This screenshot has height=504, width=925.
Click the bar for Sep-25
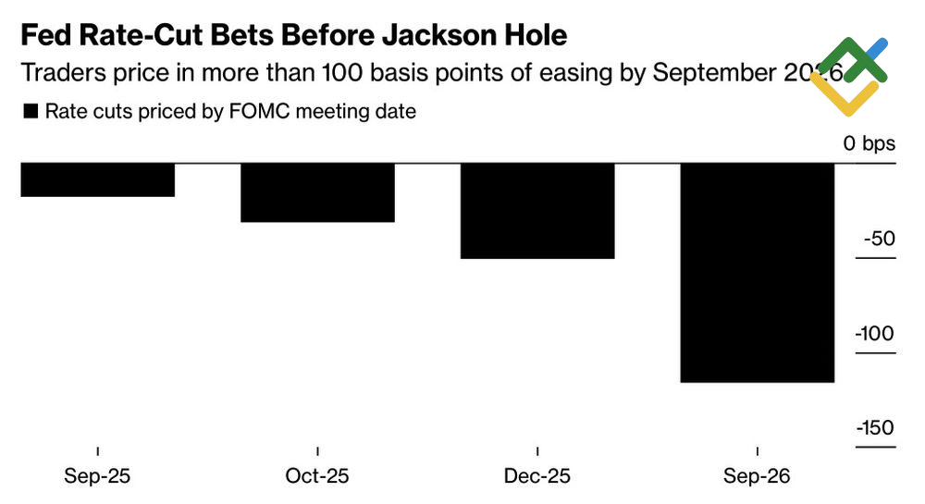click(x=97, y=179)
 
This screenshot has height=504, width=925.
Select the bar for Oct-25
click(x=317, y=192)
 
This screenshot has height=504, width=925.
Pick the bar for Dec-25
click(x=537, y=211)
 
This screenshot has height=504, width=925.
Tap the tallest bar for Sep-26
click(x=758, y=273)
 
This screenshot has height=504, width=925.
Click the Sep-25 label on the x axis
click(x=97, y=477)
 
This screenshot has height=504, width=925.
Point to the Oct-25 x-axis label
click(x=317, y=477)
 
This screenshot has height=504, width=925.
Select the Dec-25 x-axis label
click(x=537, y=477)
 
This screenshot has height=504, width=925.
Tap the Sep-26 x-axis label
click(x=758, y=477)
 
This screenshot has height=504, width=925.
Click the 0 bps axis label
click(x=869, y=144)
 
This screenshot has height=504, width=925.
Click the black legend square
click(x=30, y=112)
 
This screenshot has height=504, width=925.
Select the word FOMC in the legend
click(x=254, y=112)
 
